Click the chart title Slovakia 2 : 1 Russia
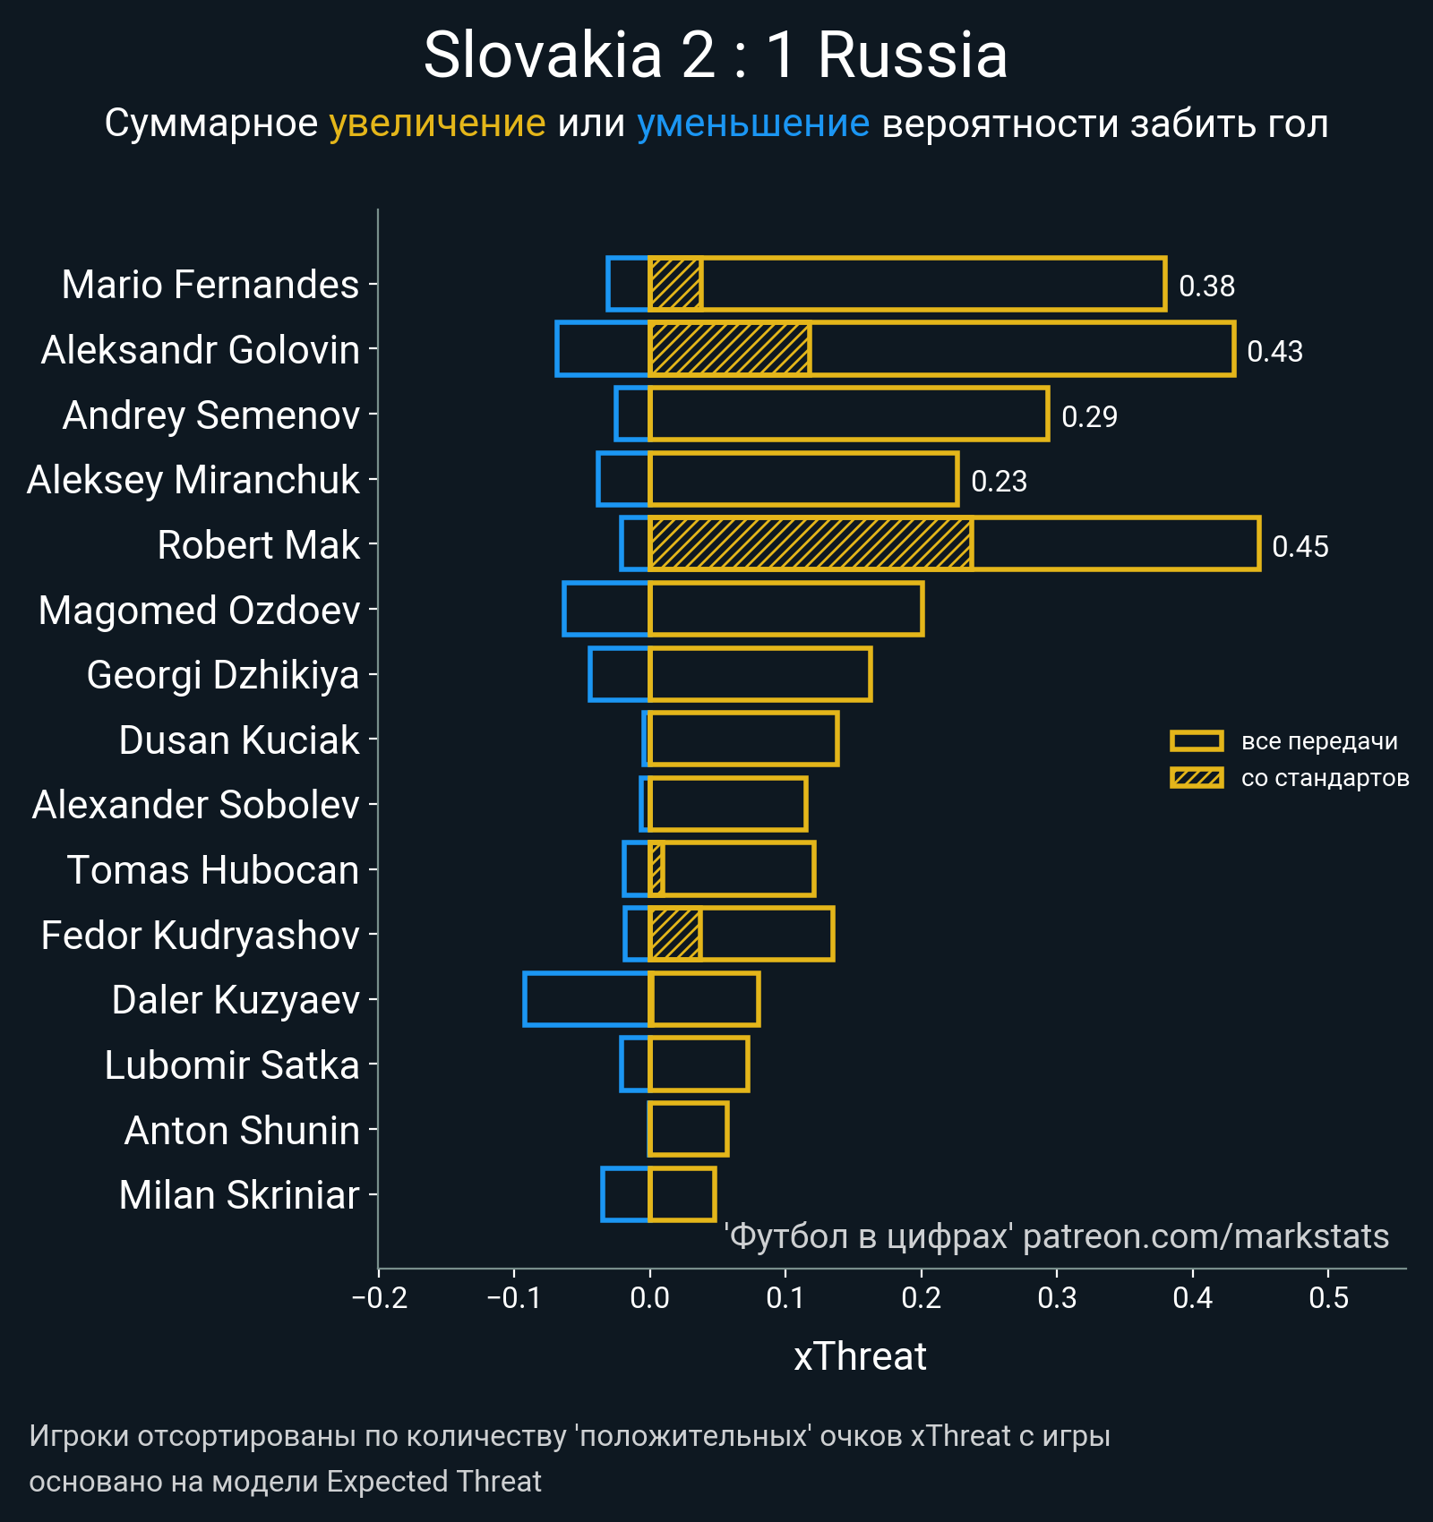tap(715, 56)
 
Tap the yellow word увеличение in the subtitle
tap(437, 124)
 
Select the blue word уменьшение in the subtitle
tap(752, 124)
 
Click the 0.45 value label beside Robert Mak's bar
tap(1300, 546)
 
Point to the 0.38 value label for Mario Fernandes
tap(1206, 286)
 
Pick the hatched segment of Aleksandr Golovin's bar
tap(730, 349)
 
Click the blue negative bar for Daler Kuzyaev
tap(587, 999)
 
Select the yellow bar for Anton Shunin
tap(688, 1129)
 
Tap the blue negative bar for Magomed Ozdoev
tap(606, 609)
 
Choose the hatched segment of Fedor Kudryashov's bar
tap(675, 934)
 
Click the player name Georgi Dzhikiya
tap(223, 675)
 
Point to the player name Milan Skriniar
tap(239, 1195)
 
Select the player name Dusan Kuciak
tap(239, 740)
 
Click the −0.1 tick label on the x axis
tap(513, 1298)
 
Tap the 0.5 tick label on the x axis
tap(1328, 1298)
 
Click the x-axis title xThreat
tap(860, 1356)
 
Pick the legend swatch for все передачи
tap(1197, 741)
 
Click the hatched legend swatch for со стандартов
tap(1197, 778)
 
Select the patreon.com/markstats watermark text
tap(1206, 1236)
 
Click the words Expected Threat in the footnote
tap(433, 1482)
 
